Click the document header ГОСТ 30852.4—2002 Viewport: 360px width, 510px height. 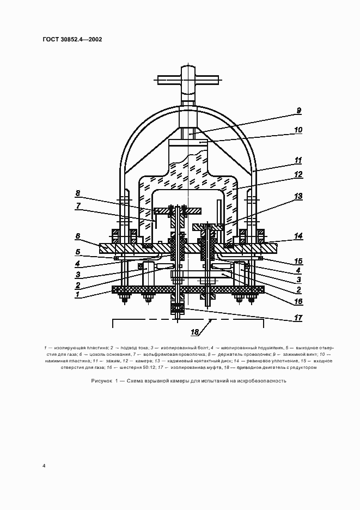tap(72, 39)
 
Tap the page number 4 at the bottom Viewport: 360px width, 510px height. tap(44, 466)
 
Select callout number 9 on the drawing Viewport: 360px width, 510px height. tap(298, 111)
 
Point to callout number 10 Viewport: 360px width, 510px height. tap(298, 130)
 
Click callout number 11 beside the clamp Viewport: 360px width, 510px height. tap(298, 160)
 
